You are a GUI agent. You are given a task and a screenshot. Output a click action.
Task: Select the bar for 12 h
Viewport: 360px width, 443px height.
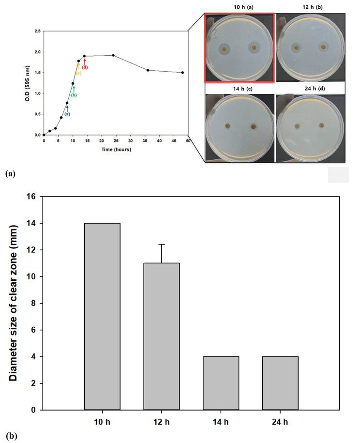162,336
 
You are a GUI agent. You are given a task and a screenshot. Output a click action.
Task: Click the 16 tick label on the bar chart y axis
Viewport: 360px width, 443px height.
32,197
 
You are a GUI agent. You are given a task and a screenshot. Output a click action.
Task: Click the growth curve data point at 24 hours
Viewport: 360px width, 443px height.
113,55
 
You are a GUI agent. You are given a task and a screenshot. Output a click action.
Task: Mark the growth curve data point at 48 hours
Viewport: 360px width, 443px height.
182,73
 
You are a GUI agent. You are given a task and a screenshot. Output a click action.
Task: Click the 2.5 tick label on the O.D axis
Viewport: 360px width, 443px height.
36,31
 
